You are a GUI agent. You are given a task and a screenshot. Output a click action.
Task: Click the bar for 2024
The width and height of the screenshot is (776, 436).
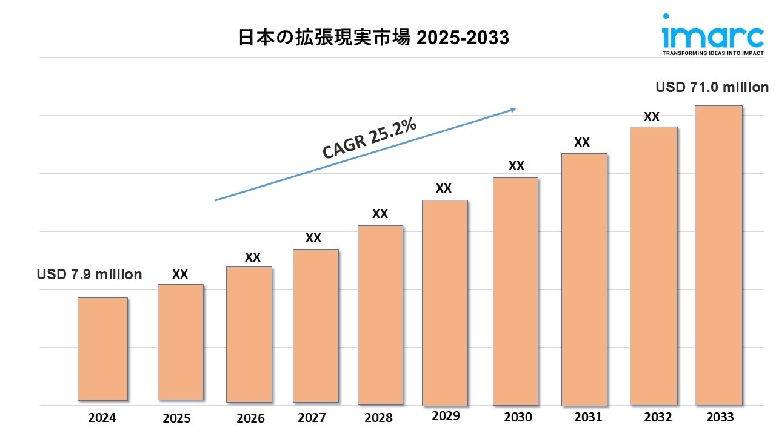(102, 349)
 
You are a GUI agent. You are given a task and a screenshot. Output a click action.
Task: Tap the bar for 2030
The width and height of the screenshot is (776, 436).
(515, 291)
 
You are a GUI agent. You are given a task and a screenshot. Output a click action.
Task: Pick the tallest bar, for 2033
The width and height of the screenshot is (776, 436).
(718, 255)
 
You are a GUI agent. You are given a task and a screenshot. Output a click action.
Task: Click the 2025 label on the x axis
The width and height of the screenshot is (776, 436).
(176, 418)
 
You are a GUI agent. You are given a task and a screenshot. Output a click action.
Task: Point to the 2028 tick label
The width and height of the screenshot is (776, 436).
(379, 418)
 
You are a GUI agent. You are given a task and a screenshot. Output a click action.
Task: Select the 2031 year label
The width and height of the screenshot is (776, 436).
(588, 417)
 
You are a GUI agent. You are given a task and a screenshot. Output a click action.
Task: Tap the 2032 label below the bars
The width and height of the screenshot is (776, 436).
(658, 417)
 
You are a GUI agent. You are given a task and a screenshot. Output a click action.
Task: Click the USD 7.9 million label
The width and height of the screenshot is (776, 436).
(90, 274)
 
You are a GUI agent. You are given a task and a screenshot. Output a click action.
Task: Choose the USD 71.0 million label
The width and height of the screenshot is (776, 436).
(712, 87)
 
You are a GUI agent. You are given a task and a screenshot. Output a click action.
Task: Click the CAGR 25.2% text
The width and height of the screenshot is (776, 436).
(369, 139)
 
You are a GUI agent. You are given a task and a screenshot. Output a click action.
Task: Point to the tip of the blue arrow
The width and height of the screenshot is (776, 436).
(515, 109)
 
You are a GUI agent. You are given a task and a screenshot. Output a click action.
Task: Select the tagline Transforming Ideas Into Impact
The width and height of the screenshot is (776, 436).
(713, 53)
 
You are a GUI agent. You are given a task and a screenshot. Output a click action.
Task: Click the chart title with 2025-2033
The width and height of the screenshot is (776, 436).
(373, 38)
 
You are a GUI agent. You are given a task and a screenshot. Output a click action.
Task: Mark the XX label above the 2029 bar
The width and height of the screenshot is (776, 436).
(444, 188)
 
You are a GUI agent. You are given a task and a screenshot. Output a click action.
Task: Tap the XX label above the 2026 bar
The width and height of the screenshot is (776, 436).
(253, 257)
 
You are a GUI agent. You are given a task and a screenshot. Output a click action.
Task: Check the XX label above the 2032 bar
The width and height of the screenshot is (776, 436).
(652, 117)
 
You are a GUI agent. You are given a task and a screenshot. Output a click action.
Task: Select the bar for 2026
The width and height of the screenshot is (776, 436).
(249, 334)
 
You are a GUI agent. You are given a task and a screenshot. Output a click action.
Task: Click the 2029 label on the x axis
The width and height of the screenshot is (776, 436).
(446, 416)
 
